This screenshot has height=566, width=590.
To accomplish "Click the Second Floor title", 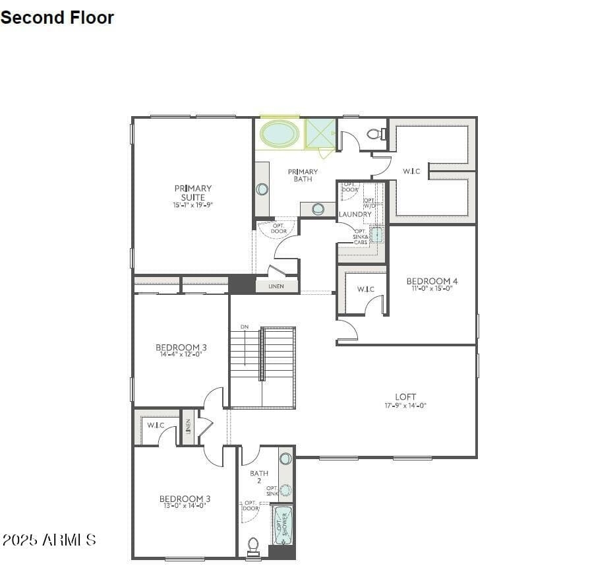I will [57, 18].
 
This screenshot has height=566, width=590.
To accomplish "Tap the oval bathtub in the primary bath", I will [279, 134].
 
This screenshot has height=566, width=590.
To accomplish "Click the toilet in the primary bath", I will [376, 135].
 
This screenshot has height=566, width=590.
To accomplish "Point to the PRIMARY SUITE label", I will [193, 193].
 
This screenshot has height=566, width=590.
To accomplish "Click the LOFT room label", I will [405, 396].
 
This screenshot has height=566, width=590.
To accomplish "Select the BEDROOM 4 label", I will [432, 281].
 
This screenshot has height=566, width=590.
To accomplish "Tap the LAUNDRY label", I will [355, 214].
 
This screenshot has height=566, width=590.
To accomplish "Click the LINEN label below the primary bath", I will [276, 286].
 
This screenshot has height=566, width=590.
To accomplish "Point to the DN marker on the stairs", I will [245, 327].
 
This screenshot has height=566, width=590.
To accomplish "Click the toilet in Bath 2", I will [252, 546].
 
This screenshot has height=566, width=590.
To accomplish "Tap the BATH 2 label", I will [259, 476].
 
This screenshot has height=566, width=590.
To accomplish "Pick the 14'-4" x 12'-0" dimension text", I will [181, 354].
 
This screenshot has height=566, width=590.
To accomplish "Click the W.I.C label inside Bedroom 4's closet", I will [366, 289].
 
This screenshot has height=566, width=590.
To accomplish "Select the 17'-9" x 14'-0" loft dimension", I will [405, 406].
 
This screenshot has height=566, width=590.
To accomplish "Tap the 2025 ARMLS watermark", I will [49, 540].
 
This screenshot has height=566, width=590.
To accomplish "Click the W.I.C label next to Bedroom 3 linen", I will [156, 425].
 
